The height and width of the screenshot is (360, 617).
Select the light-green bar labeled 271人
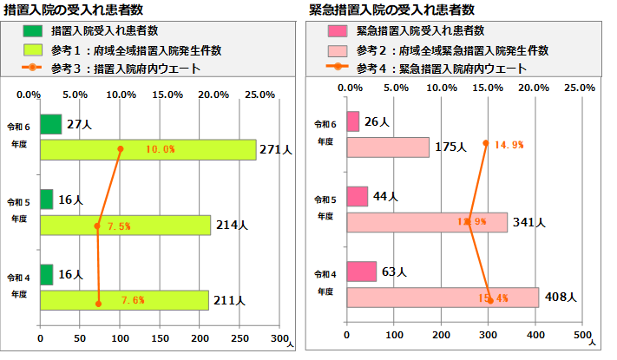(x=148, y=149)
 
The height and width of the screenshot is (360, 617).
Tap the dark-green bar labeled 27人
(x=50, y=124)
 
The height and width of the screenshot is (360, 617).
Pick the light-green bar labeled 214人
(x=125, y=226)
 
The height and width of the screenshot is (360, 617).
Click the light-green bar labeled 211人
(x=124, y=300)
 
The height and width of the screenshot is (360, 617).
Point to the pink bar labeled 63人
(x=361, y=272)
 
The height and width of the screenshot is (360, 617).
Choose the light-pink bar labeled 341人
(x=426, y=223)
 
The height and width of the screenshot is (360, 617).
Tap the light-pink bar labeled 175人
(x=387, y=147)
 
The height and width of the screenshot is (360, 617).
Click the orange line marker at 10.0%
(x=121, y=149)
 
